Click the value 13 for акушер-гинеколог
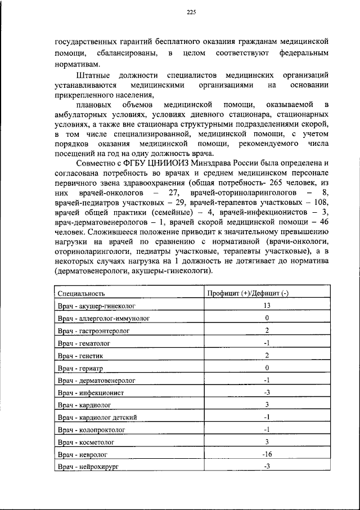(267, 306)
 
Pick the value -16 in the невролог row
(267, 454)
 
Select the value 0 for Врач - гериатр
(267, 368)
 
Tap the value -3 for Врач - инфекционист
(267, 392)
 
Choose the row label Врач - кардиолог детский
(97, 417)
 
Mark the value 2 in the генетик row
(267, 355)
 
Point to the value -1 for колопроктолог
(267, 430)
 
